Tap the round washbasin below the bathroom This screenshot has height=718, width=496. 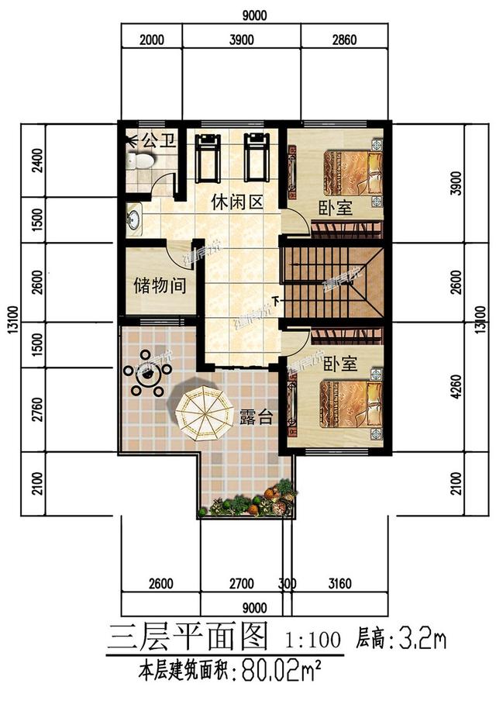pos(134,217)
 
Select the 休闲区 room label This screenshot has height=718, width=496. pos(238,203)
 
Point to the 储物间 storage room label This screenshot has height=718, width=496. pos(159,285)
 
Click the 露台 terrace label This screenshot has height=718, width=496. pos(255,416)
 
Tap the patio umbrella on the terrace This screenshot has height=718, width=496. pos(203,410)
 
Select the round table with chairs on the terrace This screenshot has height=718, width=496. pos(146,380)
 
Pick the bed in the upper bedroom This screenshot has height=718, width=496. pos(352,173)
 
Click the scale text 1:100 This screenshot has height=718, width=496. pos(313,640)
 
